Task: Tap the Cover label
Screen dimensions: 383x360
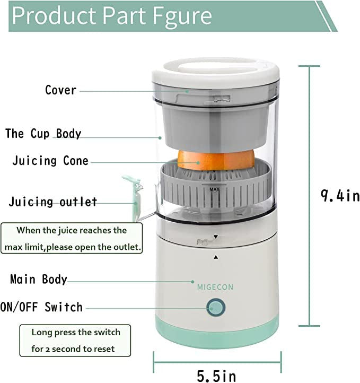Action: (x=60, y=90)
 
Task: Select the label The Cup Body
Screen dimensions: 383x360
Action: (x=43, y=133)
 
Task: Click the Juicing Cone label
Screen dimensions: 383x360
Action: (x=50, y=161)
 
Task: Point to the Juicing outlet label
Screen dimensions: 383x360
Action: (x=53, y=202)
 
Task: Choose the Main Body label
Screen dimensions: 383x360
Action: (x=39, y=279)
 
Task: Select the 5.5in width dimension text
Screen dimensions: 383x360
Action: (x=216, y=376)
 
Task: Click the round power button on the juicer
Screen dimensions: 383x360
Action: (x=216, y=307)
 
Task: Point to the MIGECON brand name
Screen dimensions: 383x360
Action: (x=215, y=287)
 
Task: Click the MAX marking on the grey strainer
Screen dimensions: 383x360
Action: (x=214, y=188)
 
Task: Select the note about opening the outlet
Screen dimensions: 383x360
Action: (x=72, y=239)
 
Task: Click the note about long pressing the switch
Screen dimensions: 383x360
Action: (x=75, y=341)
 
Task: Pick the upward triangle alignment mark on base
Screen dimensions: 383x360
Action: (x=216, y=257)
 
